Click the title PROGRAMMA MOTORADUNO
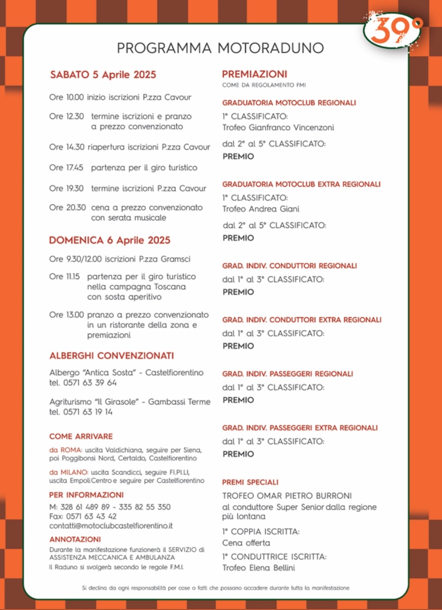click(220, 48)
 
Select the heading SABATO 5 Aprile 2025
click(103, 74)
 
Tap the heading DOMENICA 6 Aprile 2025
click(110, 240)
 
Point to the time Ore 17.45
click(66, 168)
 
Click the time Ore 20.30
click(67, 207)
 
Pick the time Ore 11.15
click(65, 276)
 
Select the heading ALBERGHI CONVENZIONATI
click(112, 356)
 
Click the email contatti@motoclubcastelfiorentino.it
click(111, 526)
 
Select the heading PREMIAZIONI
click(255, 74)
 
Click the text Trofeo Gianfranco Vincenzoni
click(278, 127)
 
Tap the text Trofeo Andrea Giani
click(261, 209)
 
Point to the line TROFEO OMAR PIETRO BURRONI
click(287, 495)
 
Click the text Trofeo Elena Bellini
click(259, 568)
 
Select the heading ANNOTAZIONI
click(75, 539)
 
